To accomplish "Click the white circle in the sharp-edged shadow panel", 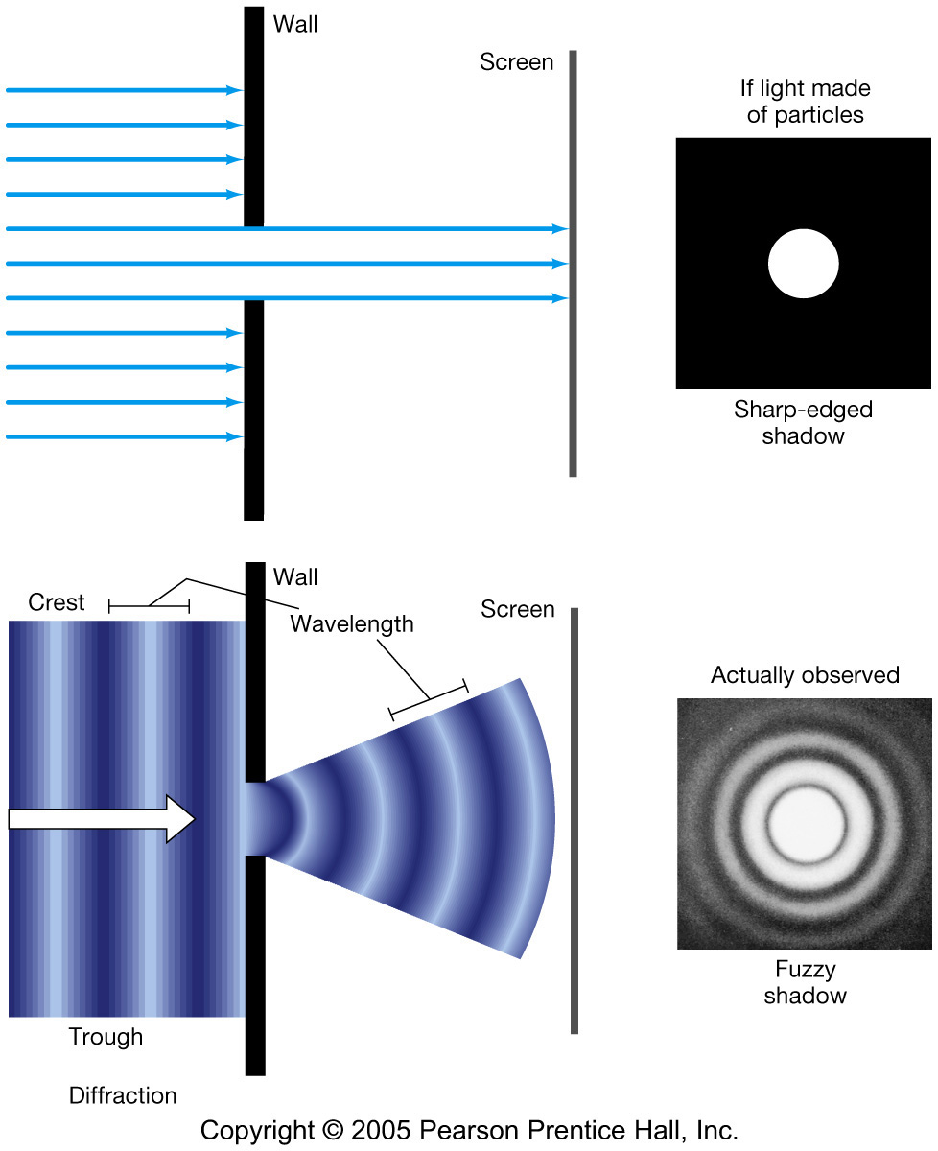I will tap(804, 264).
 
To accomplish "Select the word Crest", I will tap(57, 602).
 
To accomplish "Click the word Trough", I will tap(106, 1037).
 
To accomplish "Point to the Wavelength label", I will tap(352, 624).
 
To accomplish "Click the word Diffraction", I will tap(123, 1095).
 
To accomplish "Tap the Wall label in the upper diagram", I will tap(295, 25).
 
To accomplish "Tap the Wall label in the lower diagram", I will tap(295, 577).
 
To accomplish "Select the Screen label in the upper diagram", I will tap(517, 62).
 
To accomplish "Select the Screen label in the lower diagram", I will tap(518, 609).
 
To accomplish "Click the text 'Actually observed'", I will tap(805, 675).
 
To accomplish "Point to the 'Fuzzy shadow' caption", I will tap(805, 981).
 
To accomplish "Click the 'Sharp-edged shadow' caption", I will tap(804, 423).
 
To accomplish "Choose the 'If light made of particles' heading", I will tap(805, 102).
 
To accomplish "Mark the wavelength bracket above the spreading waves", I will tap(428, 698).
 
